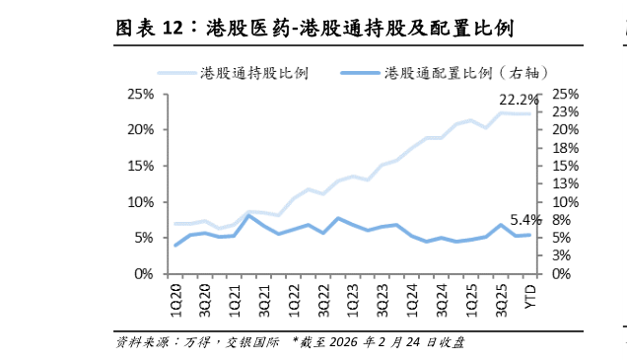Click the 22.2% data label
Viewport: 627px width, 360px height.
click(x=519, y=100)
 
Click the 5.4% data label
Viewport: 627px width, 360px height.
click(x=525, y=220)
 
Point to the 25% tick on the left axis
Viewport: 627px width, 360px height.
click(x=139, y=95)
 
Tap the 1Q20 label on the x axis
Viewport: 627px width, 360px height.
click(x=176, y=295)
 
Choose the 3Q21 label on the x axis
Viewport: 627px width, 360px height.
click(x=264, y=295)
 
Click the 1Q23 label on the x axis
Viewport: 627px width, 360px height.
click(x=353, y=295)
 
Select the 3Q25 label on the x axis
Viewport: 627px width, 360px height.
click(x=501, y=295)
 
